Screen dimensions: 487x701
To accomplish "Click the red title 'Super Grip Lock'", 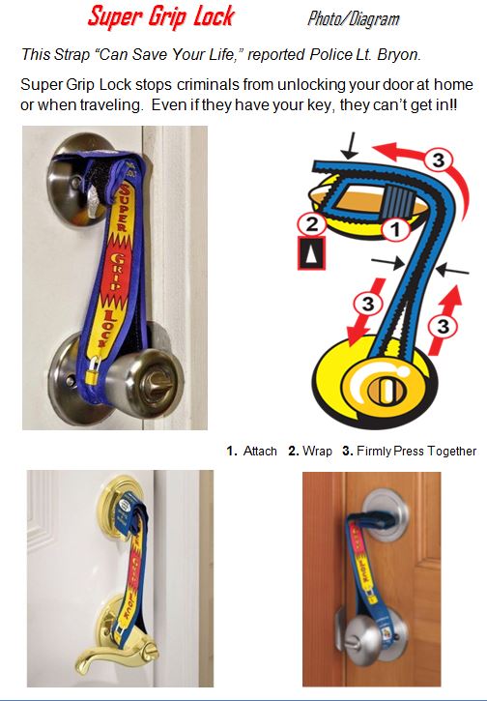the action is pyautogui.click(x=160, y=16).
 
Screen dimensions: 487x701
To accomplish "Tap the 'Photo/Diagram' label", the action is pyautogui.click(x=353, y=18).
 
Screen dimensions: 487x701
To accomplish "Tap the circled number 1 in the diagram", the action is pyautogui.click(x=395, y=230).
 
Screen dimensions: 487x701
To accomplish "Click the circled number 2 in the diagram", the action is pyautogui.click(x=311, y=223).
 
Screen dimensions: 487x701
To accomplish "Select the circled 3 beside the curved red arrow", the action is pyautogui.click(x=439, y=160).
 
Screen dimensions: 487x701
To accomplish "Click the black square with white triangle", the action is pyautogui.click(x=311, y=252).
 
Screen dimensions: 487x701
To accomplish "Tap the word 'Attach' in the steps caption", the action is pyautogui.click(x=260, y=451).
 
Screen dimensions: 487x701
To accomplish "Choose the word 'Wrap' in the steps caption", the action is pyautogui.click(x=317, y=451).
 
